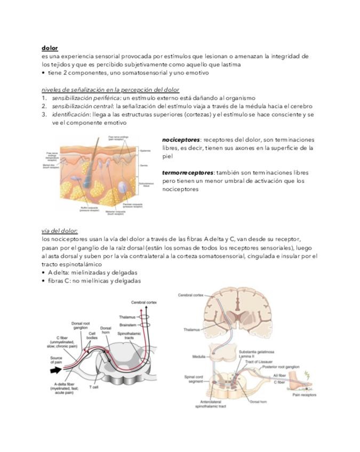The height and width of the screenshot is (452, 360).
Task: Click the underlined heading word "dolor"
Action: (50, 48)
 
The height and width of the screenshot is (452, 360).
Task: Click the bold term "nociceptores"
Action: (181, 140)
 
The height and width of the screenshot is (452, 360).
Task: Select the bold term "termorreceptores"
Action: (187, 173)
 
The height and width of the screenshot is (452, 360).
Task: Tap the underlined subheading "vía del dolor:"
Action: (60, 231)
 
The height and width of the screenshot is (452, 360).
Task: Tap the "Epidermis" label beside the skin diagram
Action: (145, 151)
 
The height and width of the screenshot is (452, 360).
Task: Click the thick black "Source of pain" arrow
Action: (56, 368)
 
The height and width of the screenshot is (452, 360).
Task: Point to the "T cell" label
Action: (94, 388)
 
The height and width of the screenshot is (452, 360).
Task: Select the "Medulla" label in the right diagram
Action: (199, 357)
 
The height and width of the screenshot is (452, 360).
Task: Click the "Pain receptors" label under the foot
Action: (304, 395)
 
